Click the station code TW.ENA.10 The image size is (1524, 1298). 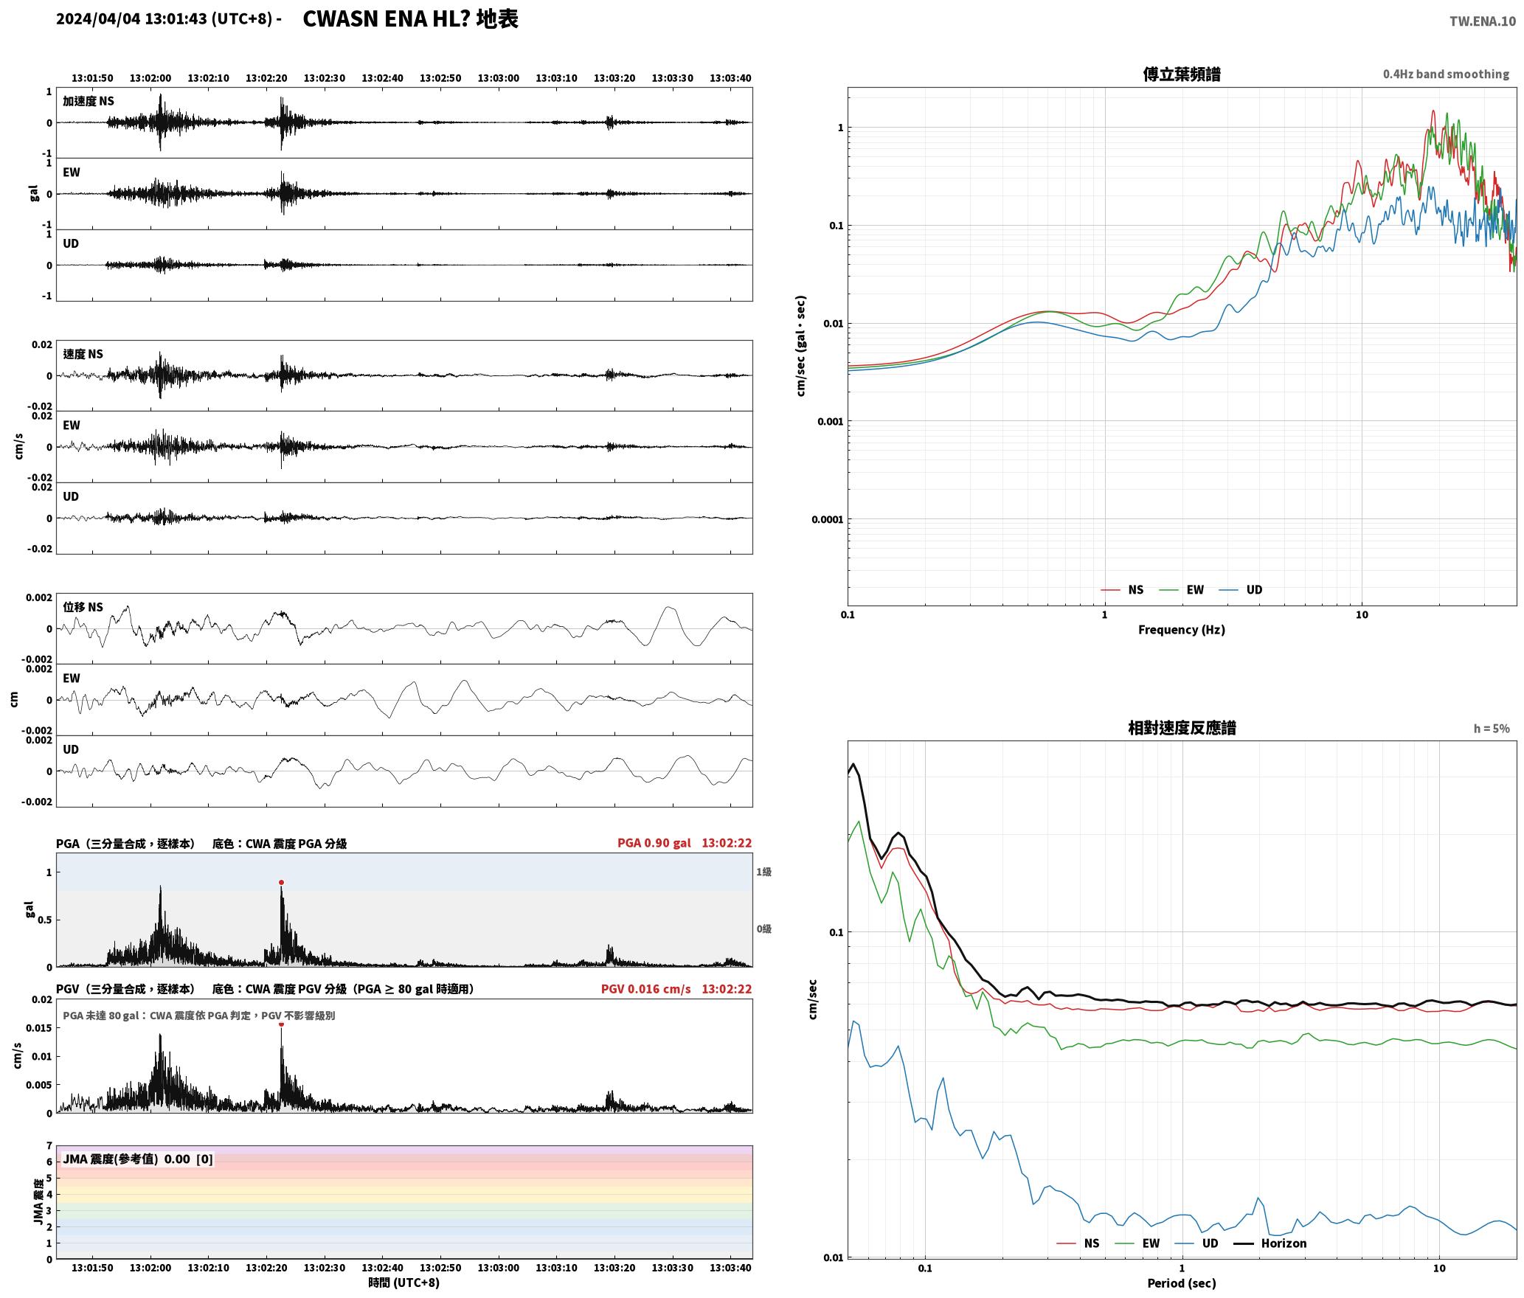tap(1483, 21)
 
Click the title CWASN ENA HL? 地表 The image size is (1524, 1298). tap(410, 19)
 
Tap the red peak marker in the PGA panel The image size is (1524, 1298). tap(281, 883)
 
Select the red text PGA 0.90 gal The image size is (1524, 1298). tap(654, 843)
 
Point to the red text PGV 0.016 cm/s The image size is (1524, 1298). tap(646, 989)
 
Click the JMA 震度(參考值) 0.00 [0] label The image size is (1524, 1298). tap(138, 1159)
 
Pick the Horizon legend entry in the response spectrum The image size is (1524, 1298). tap(1270, 1243)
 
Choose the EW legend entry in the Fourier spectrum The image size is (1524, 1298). tap(1182, 589)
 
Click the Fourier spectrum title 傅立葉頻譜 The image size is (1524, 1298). tap(1181, 74)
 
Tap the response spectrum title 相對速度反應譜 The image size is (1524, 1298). tap(1182, 728)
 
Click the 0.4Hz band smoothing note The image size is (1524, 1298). tap(1446, 74)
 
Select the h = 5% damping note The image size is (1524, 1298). tap(1492, 729)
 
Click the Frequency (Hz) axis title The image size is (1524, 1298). tap(1181, 630)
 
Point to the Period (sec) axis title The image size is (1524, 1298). tap(1181, 1283)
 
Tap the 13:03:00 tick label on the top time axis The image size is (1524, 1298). tap(498, 78)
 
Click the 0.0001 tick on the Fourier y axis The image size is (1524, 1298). tap(827, 520)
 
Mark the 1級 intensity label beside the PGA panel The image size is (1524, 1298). tap(763, 872)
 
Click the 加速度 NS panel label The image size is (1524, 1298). tap(89, 101)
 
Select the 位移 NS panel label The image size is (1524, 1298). tap(83, 607)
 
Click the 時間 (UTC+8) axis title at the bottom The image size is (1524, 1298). tap(404, 1283)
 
